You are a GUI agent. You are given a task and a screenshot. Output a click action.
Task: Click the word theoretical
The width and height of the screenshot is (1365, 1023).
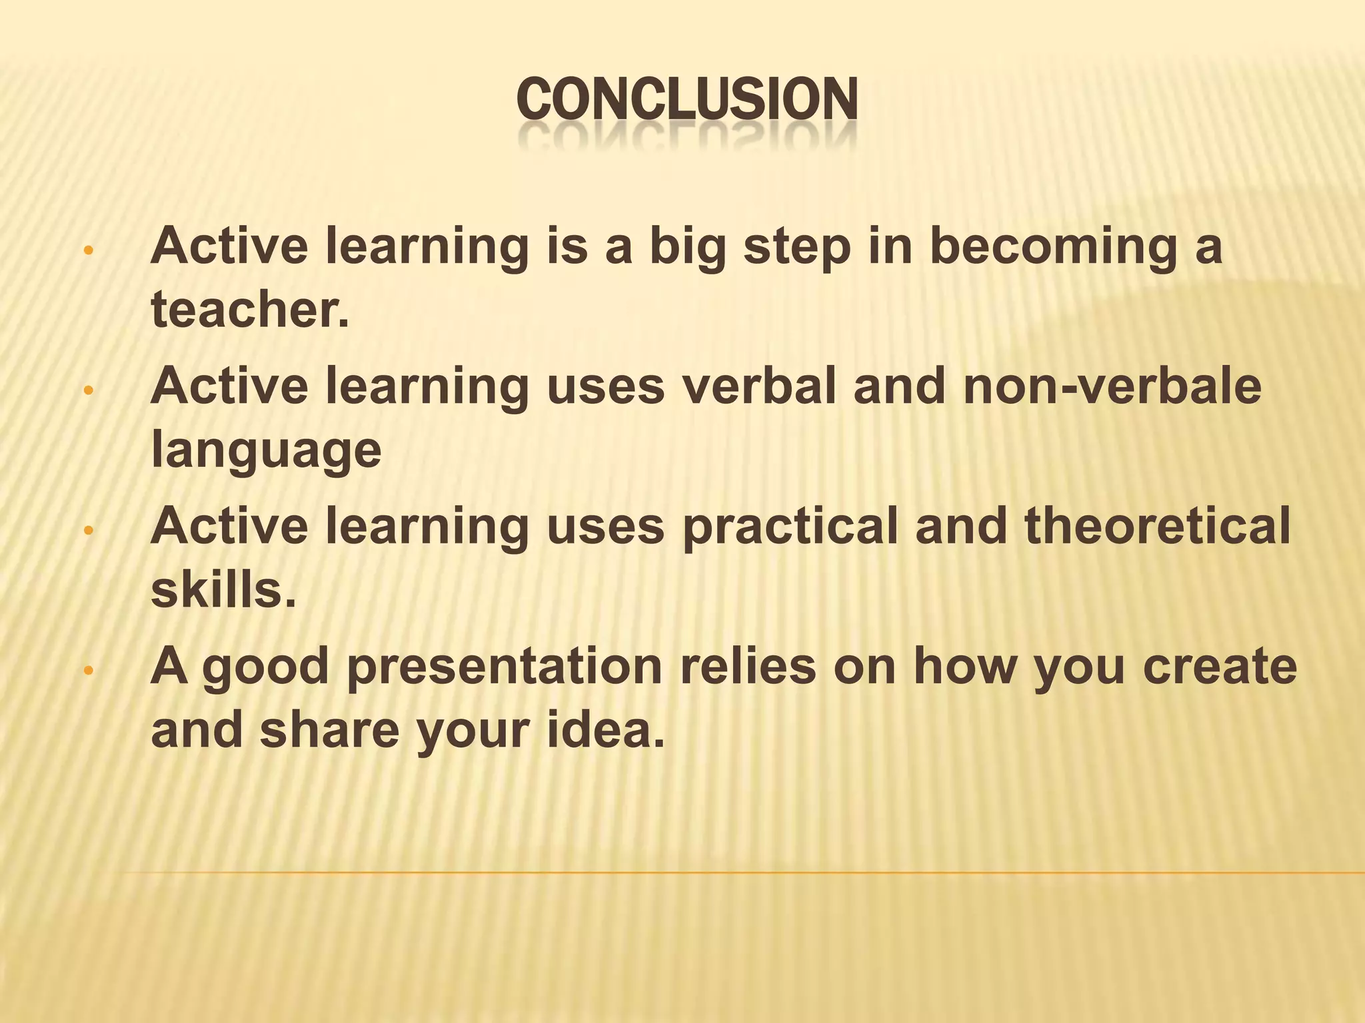coord(1157,526)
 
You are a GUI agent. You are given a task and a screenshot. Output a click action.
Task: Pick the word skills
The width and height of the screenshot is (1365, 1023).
coord(223,590)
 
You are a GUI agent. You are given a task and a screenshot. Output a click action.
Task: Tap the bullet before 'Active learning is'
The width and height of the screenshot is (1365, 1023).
coord(87,252)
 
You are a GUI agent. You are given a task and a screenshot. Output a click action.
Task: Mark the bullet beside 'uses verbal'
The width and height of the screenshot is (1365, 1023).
coord(87,392)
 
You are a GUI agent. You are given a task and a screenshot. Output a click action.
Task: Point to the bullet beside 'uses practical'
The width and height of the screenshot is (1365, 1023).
coord(87,531)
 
